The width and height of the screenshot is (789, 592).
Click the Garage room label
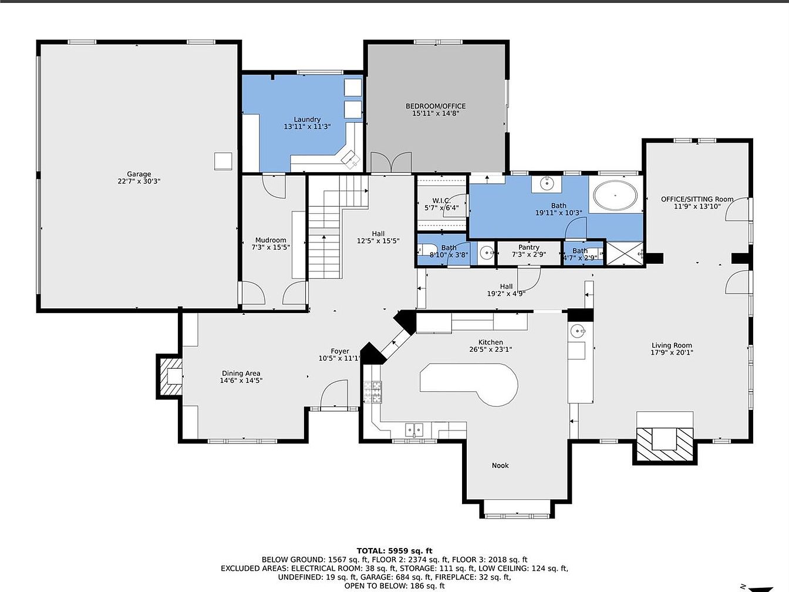(139, 174)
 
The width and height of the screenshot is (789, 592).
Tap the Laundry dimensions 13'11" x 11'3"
(307, 126)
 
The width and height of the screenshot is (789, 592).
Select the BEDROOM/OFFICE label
(436, 106)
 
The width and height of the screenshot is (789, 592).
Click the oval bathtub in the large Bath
(615, 196)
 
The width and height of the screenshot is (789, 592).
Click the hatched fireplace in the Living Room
(665, 444)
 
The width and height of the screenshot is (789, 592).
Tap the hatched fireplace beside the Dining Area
(171, 376)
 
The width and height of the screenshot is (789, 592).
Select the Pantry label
(529, 247)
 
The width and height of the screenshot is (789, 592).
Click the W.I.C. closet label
(441, 201)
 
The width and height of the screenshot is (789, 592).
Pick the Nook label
(500, 466)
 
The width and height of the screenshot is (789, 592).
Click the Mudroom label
(271, 240)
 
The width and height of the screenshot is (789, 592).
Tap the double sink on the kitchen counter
(414, 429)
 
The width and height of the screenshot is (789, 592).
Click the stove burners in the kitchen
(372, 391)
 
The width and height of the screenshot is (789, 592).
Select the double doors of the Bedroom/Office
(391, 162)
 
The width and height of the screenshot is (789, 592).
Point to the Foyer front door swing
(333, 394)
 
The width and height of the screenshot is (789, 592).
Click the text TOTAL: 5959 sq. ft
(394, 551)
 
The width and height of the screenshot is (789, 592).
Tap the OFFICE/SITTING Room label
(697, 199)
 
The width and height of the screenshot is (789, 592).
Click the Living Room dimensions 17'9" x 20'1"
(672, 352)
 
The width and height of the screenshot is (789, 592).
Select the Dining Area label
(241, 373)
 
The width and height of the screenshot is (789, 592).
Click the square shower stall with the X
(625, 254)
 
